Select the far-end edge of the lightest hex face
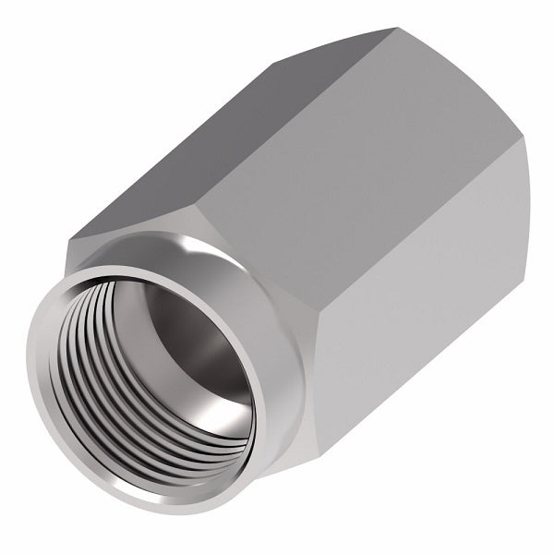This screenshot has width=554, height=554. point(529,249)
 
